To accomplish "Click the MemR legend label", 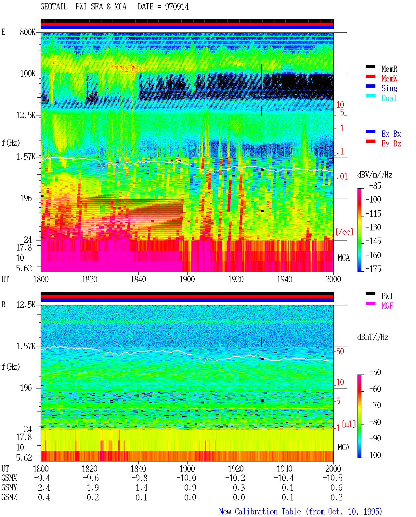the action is click(389, 69).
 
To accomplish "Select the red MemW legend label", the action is click(389, 79).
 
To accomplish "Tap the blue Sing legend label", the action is click(389, 88).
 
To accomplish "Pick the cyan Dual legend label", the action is click(389, 98).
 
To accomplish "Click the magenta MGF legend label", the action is click(387, 306).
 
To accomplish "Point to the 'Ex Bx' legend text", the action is click(391, 134).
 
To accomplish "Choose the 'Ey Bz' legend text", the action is click(391, 144).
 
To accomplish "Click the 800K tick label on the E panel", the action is click(28, 32).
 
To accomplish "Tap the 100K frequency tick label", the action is click(28, 74).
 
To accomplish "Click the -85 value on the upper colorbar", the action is click(375, 186).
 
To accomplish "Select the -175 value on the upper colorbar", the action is click(373, 269).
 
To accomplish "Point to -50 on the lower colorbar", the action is click(375, 372).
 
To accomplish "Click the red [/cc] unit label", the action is click(344, 232).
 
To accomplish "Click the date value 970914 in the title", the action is click(176, 7).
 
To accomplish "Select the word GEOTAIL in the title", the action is click(54, 6).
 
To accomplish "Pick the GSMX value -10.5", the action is click(332, 478).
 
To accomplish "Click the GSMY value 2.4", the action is click(44, 487).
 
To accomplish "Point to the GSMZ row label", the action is click(9, 497).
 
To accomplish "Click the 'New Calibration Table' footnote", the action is click(260, 511).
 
